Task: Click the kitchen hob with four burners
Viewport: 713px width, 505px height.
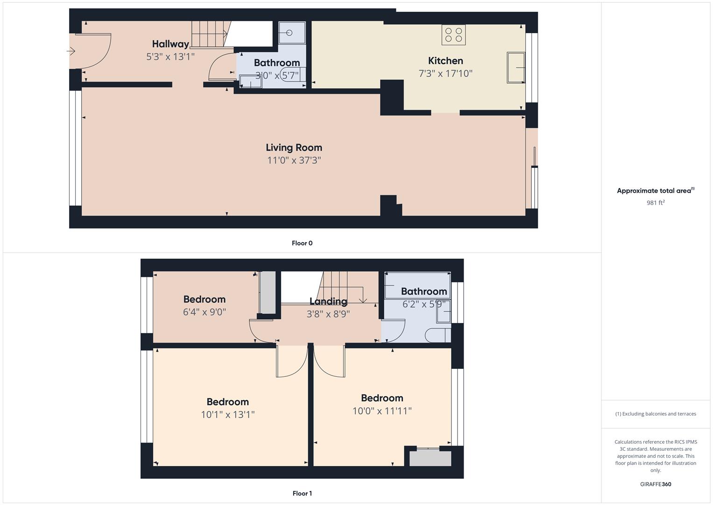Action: [x=453, y=35]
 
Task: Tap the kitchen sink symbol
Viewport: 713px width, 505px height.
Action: [x=515, y=68]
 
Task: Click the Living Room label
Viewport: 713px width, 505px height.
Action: [x=294, y=148]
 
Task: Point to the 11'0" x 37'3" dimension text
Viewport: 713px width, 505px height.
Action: [x=294, y=160]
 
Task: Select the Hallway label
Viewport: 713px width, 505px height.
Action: [x=170, y=44]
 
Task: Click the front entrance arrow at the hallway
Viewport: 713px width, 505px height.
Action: [x=71, y=51]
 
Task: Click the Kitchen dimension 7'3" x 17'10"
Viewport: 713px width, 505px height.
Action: [x=445, y=73]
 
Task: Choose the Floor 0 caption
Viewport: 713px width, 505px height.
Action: [x=302, y=243]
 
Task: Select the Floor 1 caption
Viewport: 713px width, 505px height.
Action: [x=302, y=493]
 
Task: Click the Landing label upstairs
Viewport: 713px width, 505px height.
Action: [x=328, y=302]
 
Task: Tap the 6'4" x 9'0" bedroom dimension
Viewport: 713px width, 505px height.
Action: [x=205, y=312]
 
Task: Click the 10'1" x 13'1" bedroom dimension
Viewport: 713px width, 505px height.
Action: [x=227, y=414]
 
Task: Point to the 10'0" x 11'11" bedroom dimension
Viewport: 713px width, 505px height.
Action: [x=382, y=411]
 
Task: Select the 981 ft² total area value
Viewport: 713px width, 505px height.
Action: [x=656, y=202]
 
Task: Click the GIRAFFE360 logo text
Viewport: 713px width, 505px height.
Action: [x=656, y=484]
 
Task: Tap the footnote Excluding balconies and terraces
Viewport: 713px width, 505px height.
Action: [x=656, y=414]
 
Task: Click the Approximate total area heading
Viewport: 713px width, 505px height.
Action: [x=655, y=191]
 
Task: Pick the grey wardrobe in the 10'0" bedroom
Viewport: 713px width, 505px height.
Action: [x=430, y=458]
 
